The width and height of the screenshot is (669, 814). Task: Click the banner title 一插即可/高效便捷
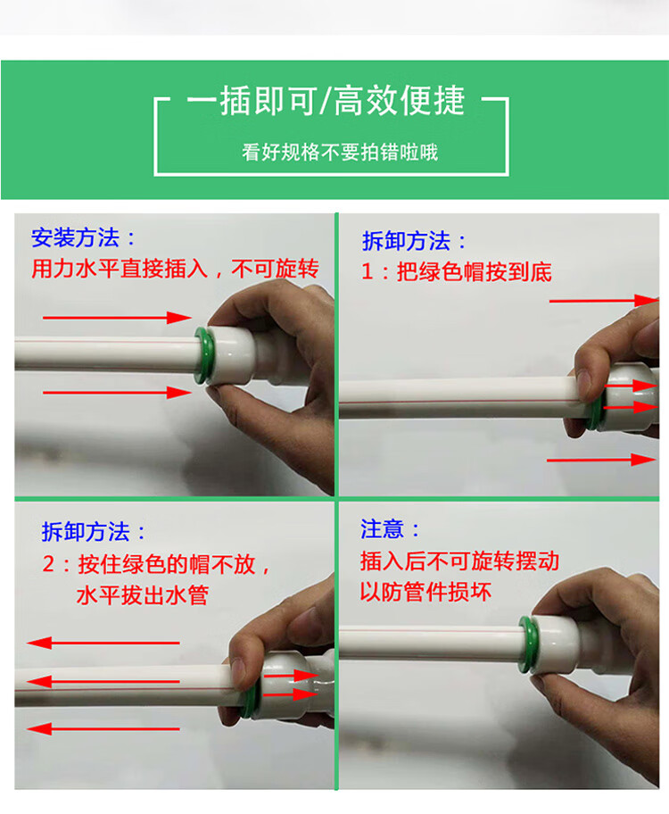[326, 100]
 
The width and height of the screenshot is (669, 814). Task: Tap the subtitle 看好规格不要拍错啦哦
[340, 153]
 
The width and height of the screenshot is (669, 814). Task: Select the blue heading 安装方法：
[83, 237]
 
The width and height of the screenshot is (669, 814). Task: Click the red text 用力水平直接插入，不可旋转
[175, 269]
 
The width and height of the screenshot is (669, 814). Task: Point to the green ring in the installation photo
[203, 355]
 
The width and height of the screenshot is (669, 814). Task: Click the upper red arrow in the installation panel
[117, 317]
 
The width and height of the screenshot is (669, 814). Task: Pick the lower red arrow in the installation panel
[117, 393]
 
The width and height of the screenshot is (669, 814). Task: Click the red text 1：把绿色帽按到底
[456, 271]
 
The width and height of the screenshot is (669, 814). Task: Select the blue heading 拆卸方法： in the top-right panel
[414, 241]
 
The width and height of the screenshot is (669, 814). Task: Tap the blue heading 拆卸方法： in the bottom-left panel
[94, 532]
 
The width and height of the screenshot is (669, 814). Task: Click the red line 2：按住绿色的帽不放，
[156, 564]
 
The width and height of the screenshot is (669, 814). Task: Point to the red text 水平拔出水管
[142, 595]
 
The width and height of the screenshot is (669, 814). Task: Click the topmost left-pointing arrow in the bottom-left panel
[103, 644]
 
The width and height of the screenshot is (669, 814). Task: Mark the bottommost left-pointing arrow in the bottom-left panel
[103, 729]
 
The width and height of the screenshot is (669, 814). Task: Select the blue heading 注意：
[390, 529]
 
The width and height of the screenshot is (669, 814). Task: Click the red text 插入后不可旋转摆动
[460, 561]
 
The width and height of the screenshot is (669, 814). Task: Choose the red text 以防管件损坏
[425, 592]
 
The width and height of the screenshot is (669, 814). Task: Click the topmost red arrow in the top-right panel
[604, 300]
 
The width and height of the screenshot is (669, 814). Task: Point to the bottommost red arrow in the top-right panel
[601, 460]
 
